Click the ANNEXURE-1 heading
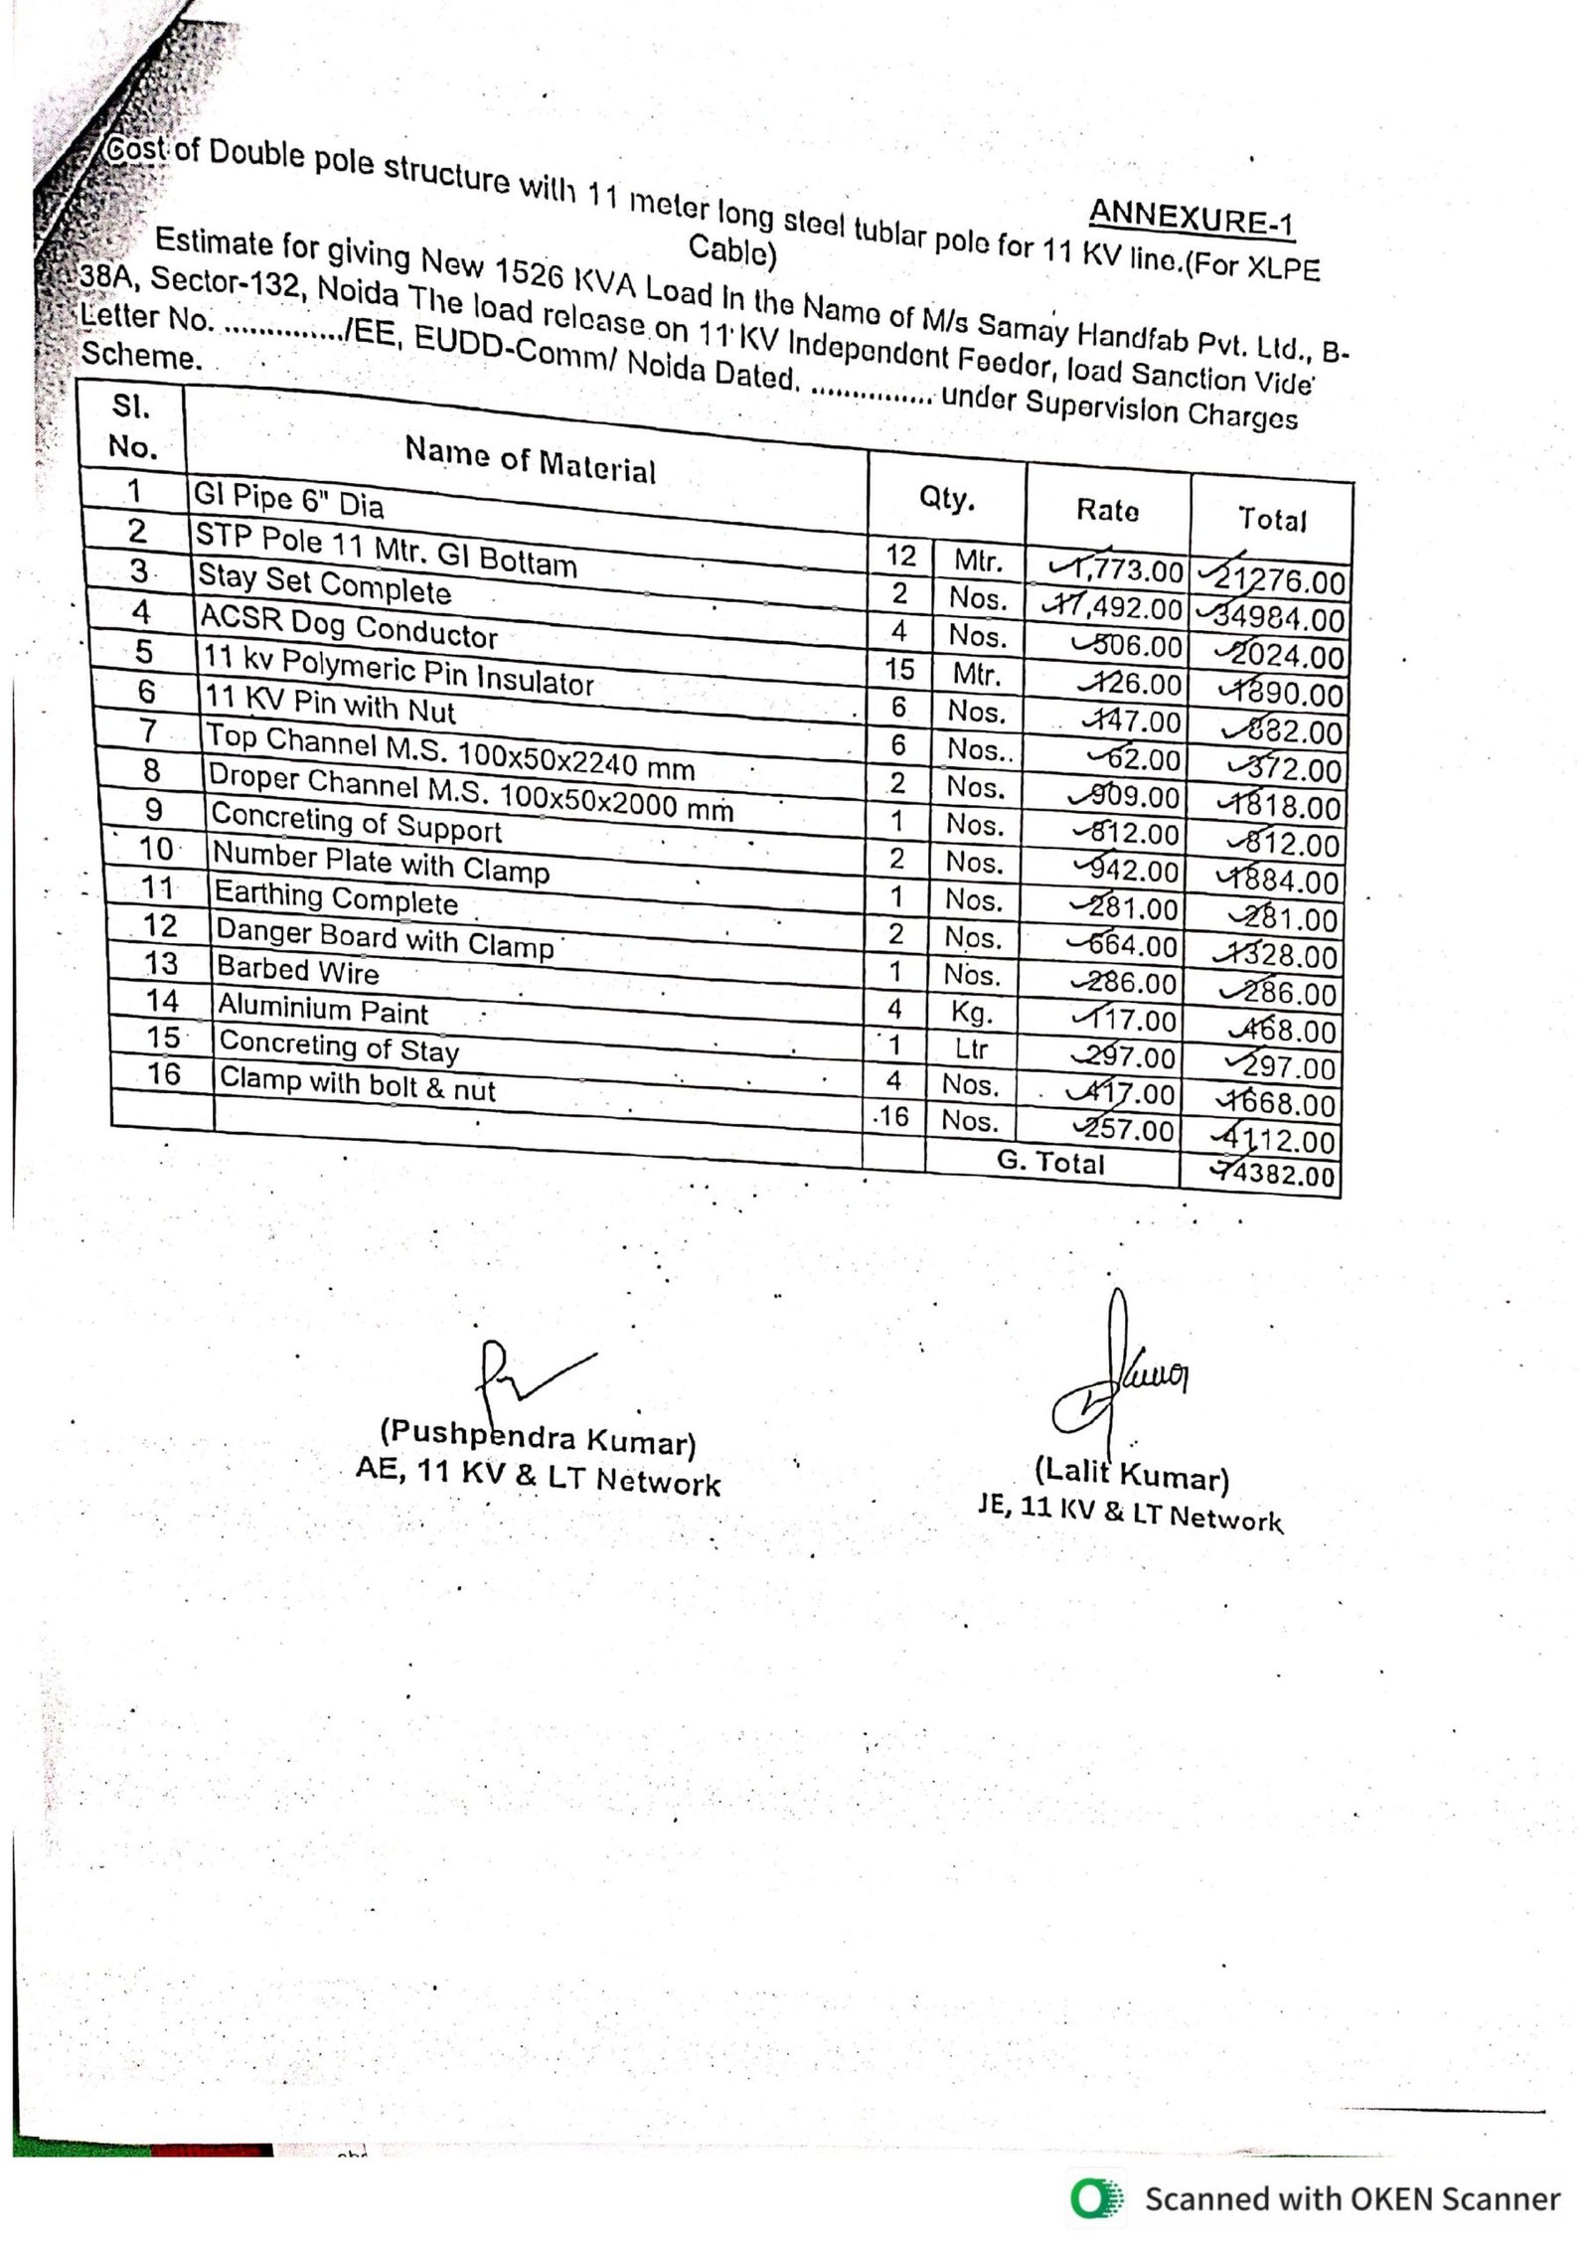click(x=1191, y=217)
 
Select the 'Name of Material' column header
click(x=530, y=460)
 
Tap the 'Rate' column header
click(x=1107, y=510)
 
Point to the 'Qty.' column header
click(x=946, y=499)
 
